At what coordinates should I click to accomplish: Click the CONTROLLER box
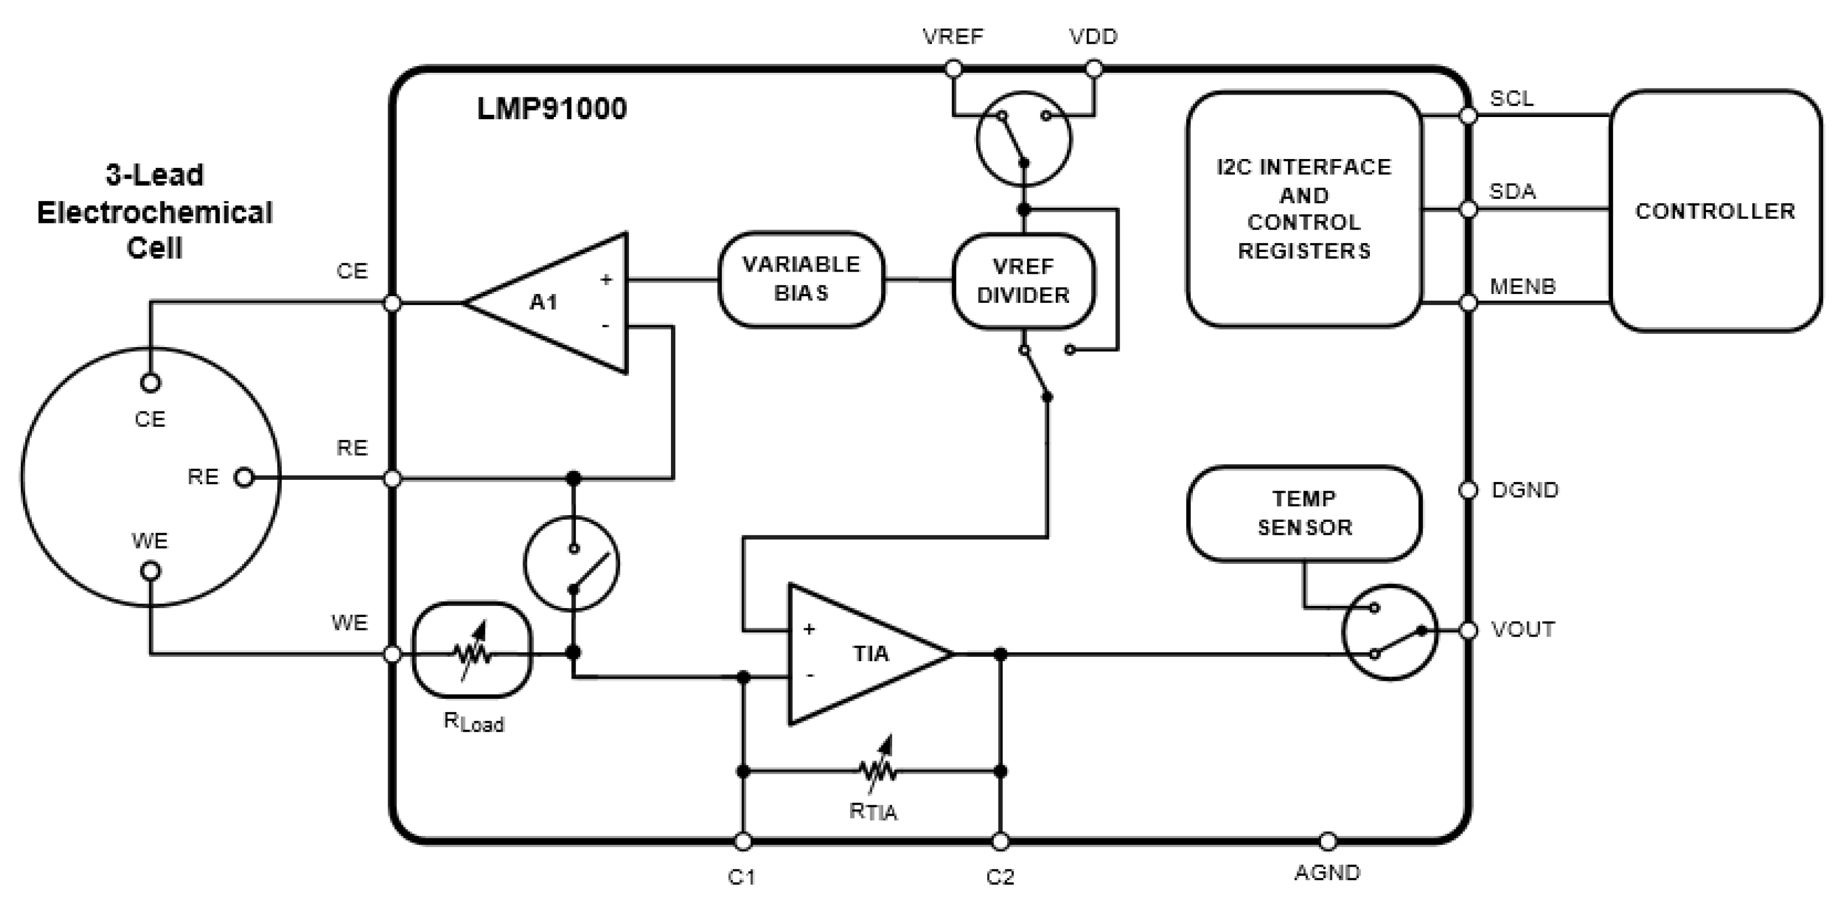1715,211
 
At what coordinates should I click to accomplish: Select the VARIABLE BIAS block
801,279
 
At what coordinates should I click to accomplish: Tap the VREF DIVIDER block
1023,281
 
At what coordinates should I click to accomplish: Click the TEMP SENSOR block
1304,513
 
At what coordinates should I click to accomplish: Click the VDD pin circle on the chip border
1094,69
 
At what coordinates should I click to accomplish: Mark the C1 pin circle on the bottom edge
743,842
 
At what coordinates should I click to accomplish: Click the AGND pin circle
1328,842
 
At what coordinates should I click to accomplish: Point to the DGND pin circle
1468,490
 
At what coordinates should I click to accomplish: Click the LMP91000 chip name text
552,109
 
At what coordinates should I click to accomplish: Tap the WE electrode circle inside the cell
151,571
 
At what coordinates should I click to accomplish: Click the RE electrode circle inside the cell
244,478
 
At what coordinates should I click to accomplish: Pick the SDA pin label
1512,190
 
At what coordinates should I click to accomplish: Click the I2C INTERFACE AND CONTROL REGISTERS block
1304,209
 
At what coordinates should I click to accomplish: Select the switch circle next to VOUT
1389,632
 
